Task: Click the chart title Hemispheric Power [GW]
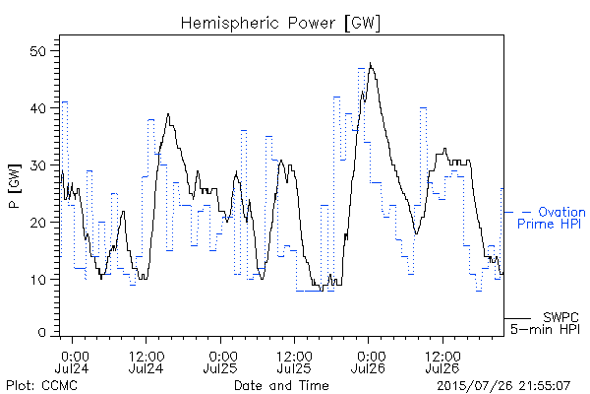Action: (x=280, y=24)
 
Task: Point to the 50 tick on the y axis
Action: (x=37, y=51)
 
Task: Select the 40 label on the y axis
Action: (x=37, y=108)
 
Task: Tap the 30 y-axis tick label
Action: (x=37, y=165)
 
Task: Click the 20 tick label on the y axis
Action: (x=37, y=222)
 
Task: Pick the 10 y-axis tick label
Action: (x=37, y=280)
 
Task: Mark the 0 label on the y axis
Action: (x=41, y=333)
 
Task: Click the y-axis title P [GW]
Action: (x=15, y=186)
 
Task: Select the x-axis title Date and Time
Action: (x=281, y=385)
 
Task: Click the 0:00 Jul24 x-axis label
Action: (x=72, y=361)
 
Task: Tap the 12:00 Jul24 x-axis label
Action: (x=147, y=361)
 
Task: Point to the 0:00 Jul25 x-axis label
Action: (x=220, y=361)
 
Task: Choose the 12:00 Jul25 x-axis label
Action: (x=294, y=361)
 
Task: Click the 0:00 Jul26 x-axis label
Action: (x=369, y=361)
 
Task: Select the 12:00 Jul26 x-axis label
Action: (x=442, y=361)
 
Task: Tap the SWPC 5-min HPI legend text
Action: (x=545, y=323)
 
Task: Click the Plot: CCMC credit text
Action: (x=41, y=385)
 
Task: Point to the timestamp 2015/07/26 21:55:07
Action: (x=503, y=386)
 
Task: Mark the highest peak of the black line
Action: (x=371, y=63)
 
